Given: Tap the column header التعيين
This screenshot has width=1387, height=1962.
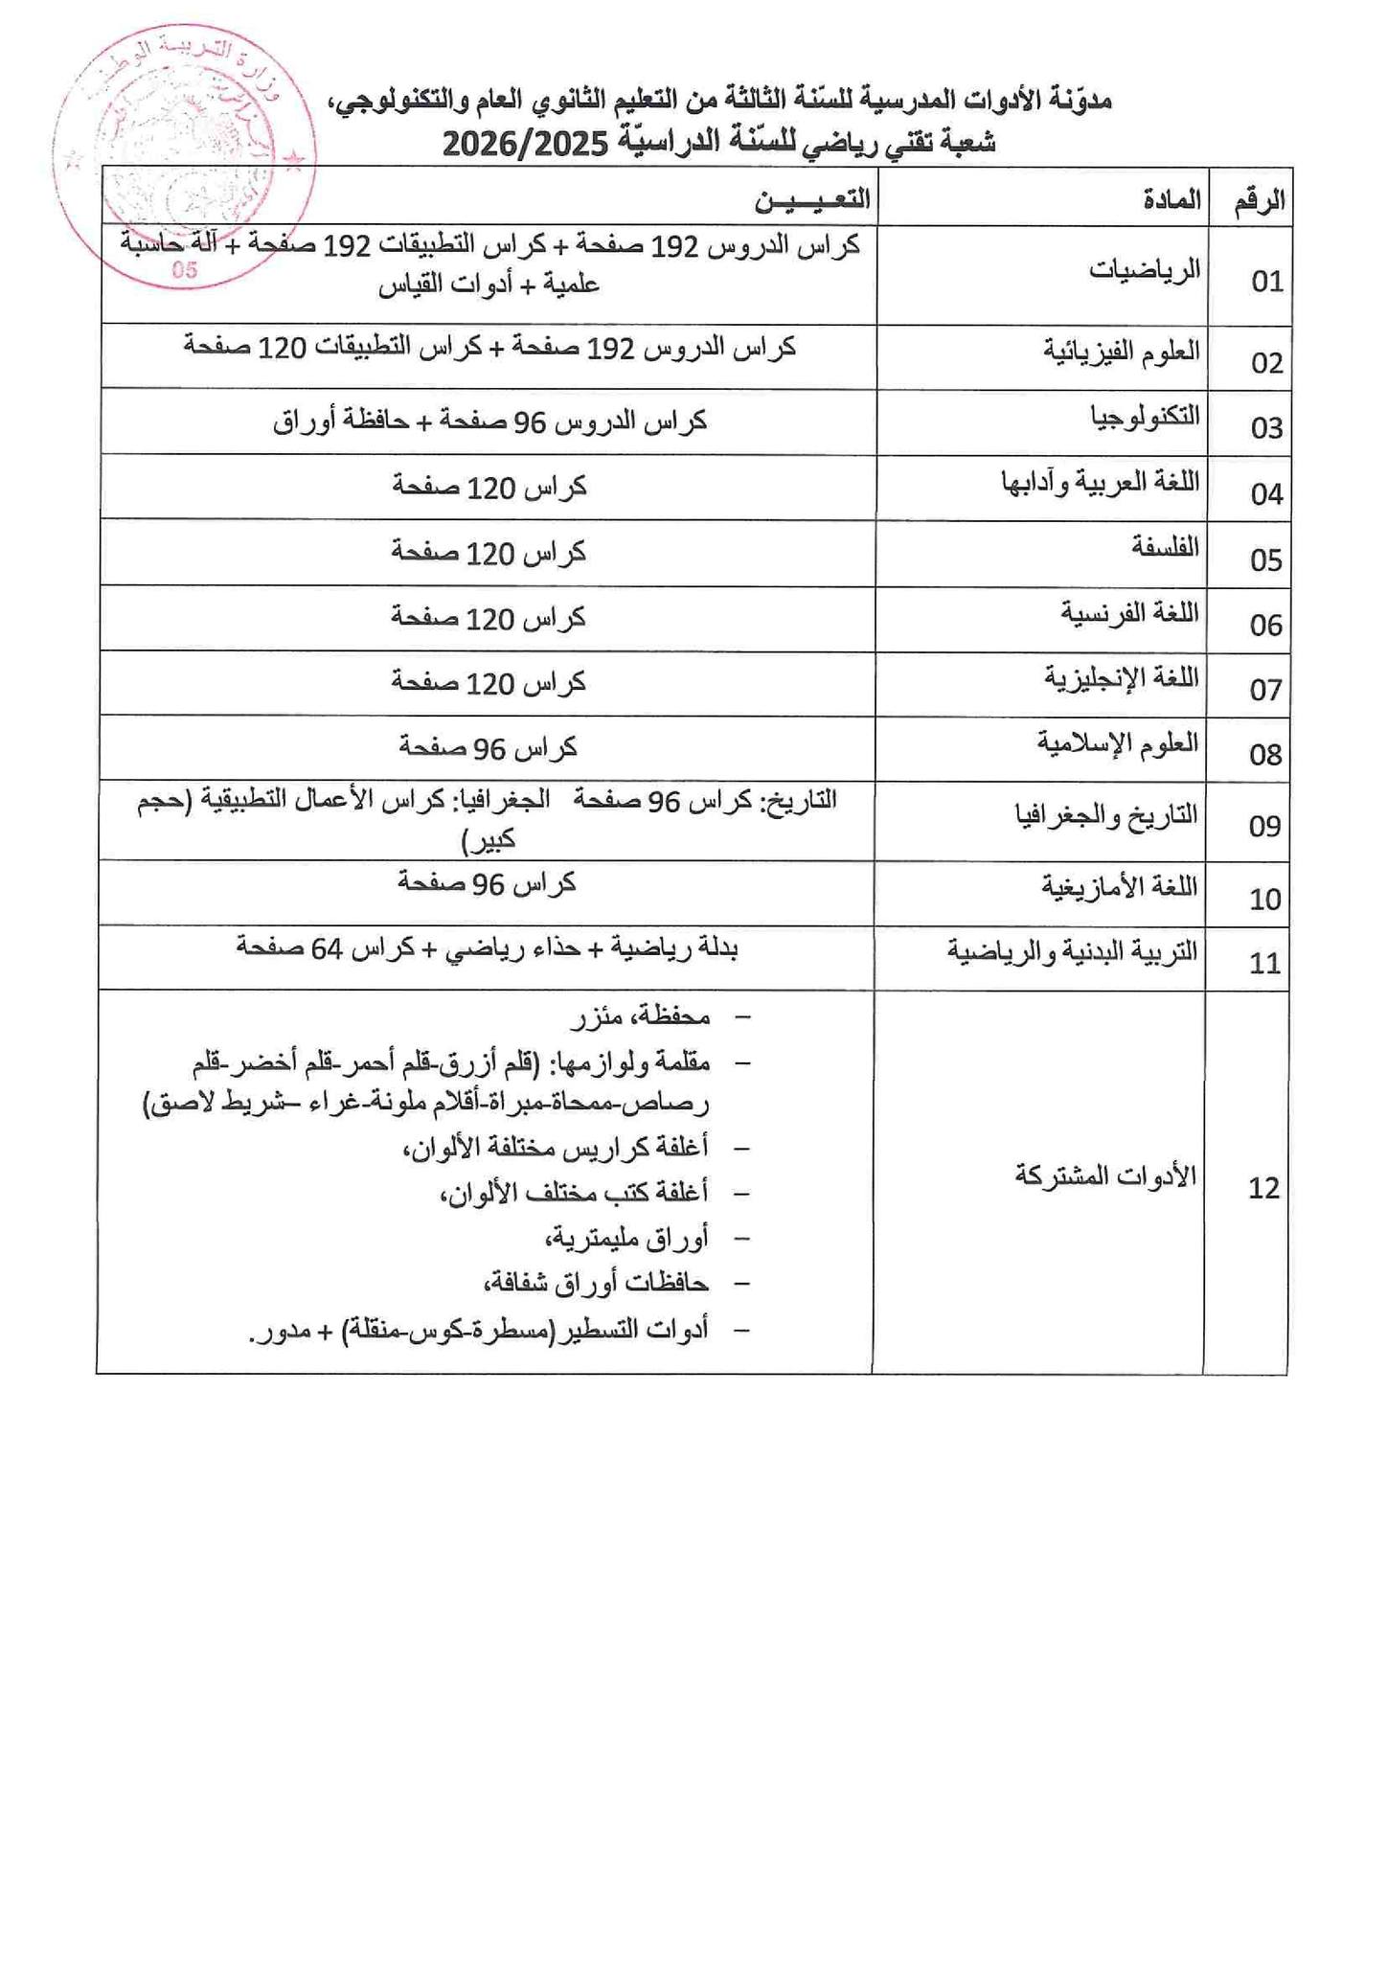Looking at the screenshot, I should click(813, 199).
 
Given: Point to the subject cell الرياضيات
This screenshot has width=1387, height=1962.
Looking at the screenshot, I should click(1144, 270).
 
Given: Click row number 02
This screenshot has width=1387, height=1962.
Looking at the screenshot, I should click(1266, 363).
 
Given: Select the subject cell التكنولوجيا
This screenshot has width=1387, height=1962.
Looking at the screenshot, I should click(1146, 417).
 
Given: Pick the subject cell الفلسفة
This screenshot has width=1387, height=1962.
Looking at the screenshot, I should click(1165, 547).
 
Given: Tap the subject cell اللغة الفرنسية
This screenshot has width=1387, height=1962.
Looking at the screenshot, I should click(1129, 612).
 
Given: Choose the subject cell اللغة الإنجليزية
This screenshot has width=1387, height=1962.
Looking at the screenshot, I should click(1121, 678).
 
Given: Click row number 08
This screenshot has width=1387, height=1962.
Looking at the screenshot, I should click(1265, 755).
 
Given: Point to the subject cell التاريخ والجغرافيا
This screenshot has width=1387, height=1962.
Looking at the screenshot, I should click(1106, 816).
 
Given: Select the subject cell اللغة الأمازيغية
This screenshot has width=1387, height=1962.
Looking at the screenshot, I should click(1120, 886).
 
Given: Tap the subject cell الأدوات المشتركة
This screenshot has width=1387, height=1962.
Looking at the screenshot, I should click(1105, 1175).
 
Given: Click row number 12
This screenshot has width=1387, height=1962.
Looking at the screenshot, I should click(1263, 1189).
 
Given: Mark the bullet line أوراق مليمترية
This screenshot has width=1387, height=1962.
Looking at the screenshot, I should click(626, 1239).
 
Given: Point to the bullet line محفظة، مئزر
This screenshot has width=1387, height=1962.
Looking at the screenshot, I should click(640, 1018).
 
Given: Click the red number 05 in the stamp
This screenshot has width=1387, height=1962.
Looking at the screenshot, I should click(185, 270).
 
